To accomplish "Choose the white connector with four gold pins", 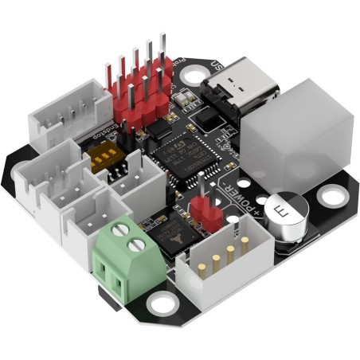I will coord(216,262).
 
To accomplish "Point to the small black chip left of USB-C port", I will coord(209,119).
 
